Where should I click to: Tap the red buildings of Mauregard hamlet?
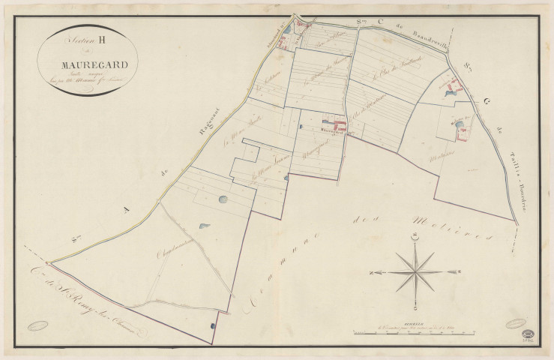(x=334, y=124)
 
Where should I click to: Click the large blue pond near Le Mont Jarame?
(x=223, y=199)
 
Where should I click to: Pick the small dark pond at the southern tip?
(x=213, y=325)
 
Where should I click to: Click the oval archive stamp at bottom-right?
(x=517, y=323)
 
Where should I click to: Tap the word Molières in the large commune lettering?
(x=450, y=226)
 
